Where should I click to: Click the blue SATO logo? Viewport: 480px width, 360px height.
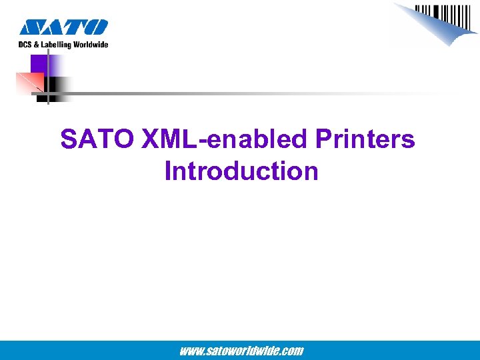pyautogui.click(x=63, y=28)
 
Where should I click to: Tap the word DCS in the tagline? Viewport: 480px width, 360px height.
pyautogui.click(x=26, y=45)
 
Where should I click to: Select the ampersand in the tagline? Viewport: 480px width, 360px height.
pyautogui.click(x=38, y=45)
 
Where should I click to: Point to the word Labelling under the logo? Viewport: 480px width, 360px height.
pyautogui.click(x=57, y=45)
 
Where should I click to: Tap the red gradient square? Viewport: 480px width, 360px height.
pyautogui.click(x=29, y=83)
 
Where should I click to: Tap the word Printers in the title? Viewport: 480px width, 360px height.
pyautogui.click(x=365, y=140)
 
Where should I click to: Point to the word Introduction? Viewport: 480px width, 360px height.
pyautogui.click(x=241, y=171)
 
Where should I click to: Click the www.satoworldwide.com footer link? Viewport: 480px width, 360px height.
pyautogui.click(x=241, y=351)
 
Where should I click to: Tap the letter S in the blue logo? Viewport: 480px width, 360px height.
pyautogui.click(x=30, y=28)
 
